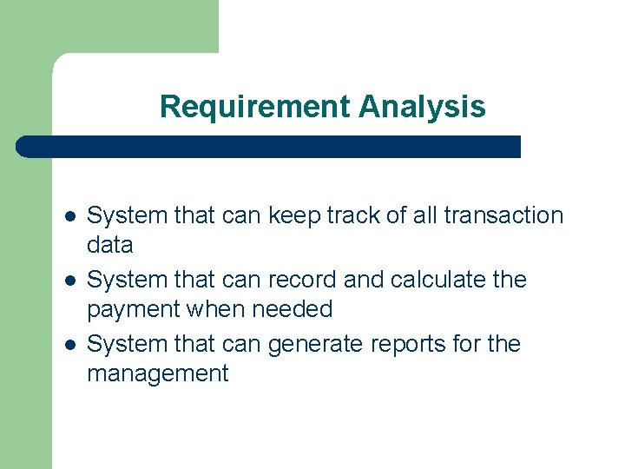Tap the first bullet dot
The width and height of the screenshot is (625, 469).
[69, 215]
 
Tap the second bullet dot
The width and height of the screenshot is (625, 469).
[69, 280]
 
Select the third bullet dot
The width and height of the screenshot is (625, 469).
[69, 344]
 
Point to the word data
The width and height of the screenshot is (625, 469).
[110, 245]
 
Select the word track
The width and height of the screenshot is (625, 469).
[341, 215]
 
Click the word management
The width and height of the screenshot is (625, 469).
[157, 374]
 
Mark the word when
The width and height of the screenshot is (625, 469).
[216, 309]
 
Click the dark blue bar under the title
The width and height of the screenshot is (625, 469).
[269, 147]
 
